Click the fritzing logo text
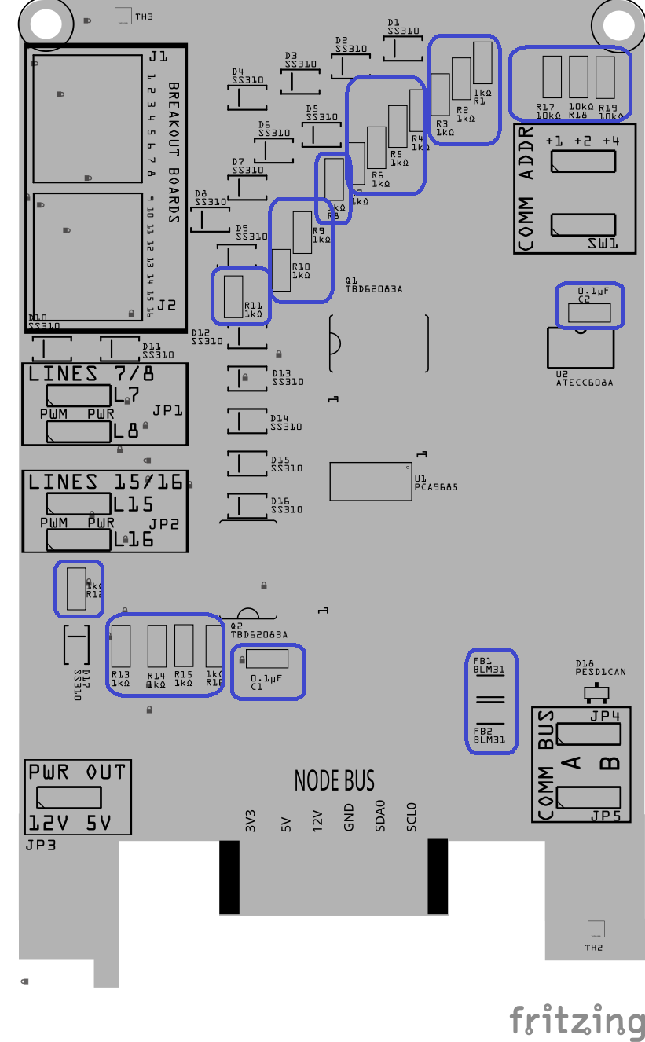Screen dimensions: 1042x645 (x=577, y=1021)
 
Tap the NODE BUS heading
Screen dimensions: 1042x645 (x=334, y=780)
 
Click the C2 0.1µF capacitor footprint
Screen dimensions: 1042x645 (x=588, y=313)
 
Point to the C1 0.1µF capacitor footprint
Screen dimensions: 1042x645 (x=267, y=659)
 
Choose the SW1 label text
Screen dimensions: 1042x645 (x=603, y=244)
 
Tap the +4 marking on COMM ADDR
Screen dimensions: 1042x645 (x=611, y=141)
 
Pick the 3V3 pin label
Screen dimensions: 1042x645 (x=251, y=820)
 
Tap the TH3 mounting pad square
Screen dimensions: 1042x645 (x=123, y=16)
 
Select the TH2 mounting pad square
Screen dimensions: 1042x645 (x=596, y=929)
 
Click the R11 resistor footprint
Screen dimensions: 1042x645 (x=233, y=296)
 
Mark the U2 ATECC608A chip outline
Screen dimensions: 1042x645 (x=581, y=347)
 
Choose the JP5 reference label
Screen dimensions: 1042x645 (x=606, y=816)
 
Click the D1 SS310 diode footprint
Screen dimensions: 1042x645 (x=403, y=49)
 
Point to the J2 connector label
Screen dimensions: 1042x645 (x=166, y=305)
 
